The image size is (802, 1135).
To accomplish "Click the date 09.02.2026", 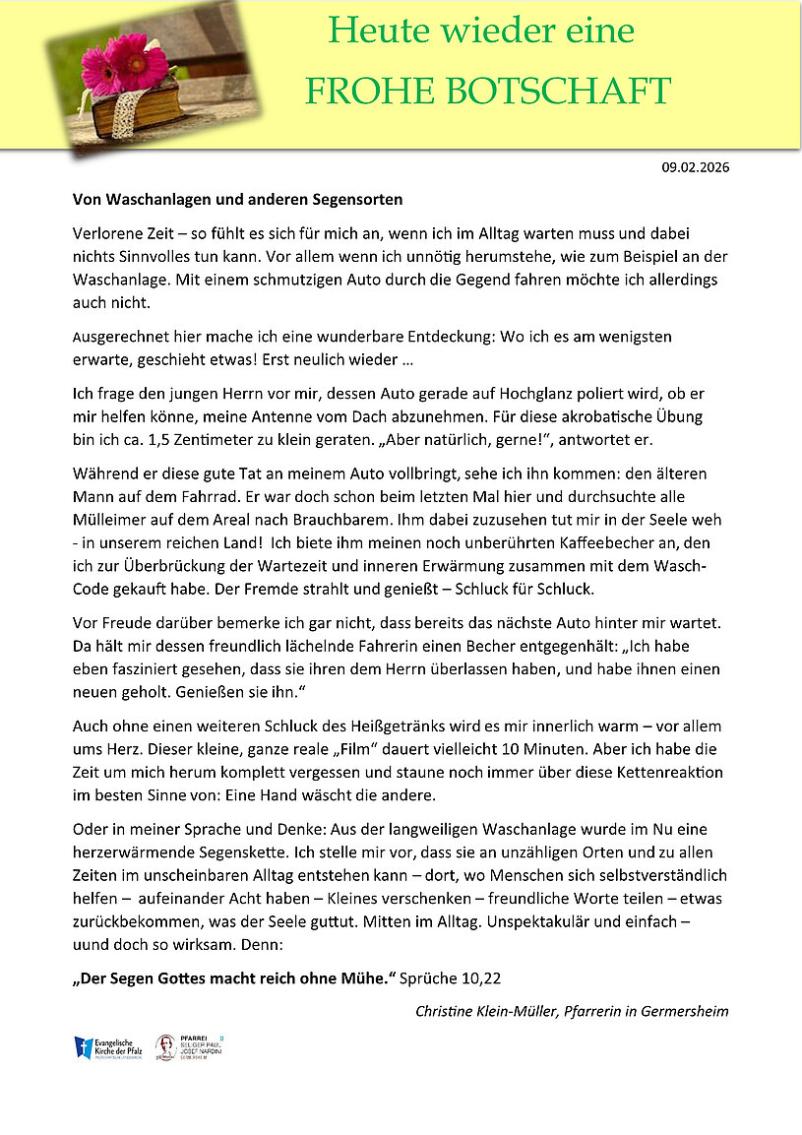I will pos(695,167).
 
